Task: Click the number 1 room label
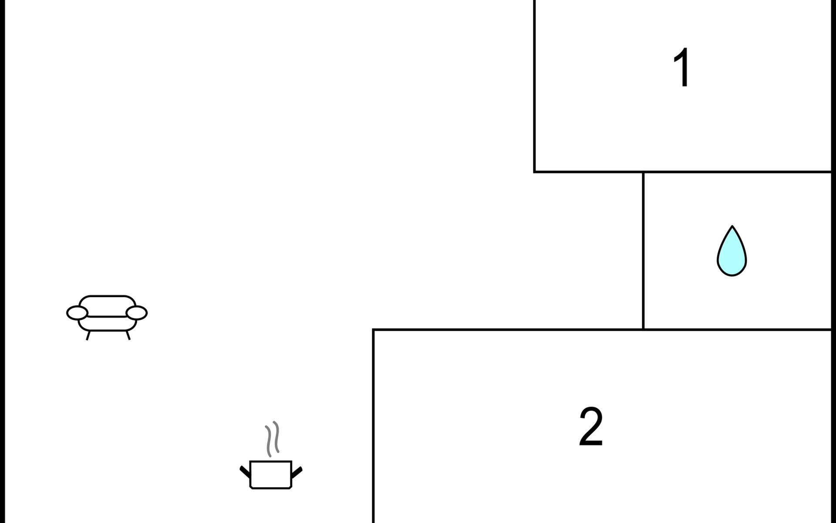click(682, 68)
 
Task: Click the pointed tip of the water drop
click(732, 227)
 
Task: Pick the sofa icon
click(107, 315)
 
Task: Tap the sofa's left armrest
click(77, 312)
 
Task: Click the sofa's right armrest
click(137, 312)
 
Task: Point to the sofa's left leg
click(88, 335)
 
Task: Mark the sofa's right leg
click(128, 335)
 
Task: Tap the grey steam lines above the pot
click(272, 438)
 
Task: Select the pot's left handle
click(245, 472)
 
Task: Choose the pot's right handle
click(297, 472)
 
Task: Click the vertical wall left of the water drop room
click(643, 251)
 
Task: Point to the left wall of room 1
click(535, 87)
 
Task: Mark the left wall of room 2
click(374, 427)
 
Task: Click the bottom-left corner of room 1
click(535, 172)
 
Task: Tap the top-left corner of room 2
click(374, 330)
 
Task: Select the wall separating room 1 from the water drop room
click(736, 172)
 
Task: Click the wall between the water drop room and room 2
click(736, 329)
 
